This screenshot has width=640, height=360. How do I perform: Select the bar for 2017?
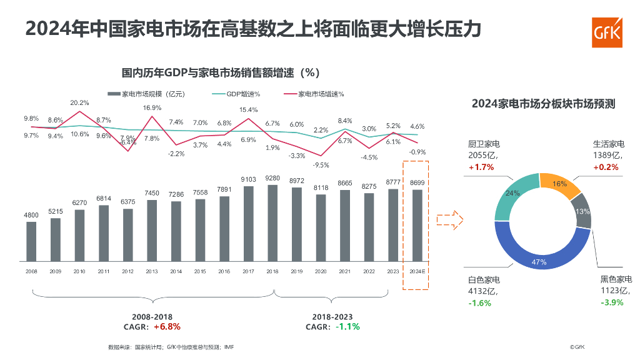(x=248, y=222)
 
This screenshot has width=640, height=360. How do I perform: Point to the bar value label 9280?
(x=272, y=178)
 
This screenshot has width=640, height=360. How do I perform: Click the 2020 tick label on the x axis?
(x=321, y=272)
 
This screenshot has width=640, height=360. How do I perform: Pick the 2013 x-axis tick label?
(x=152, y=272)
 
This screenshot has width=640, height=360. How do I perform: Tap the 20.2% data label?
(x=79, y=102)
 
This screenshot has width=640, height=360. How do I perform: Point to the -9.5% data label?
(x=321, y=165)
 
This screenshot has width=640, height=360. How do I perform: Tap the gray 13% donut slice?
(x=582, y=211)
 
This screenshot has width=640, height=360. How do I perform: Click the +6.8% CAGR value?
(x=167, y=326)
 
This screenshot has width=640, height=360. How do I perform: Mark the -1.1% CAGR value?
(x=347, y=326)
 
